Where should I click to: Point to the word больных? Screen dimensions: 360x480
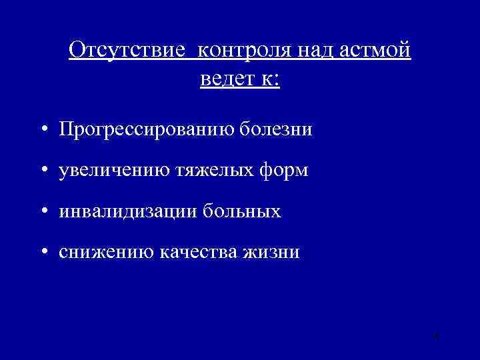coord(238,211)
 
